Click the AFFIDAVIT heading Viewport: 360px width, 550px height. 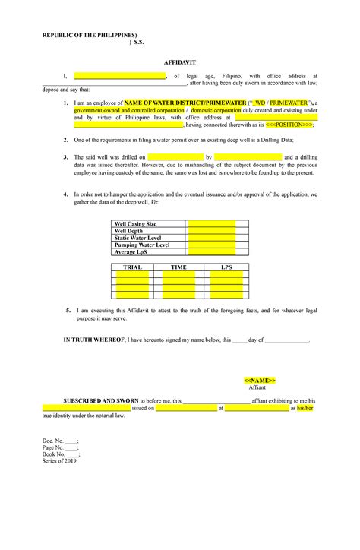180,61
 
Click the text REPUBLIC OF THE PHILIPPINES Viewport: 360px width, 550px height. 90,36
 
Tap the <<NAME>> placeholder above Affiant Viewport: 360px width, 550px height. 259,380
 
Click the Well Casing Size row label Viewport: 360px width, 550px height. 135,224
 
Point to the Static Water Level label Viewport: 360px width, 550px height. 137,238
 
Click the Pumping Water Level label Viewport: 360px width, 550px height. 141,245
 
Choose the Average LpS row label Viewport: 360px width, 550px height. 131,251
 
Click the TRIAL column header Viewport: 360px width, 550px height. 132,267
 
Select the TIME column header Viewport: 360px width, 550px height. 178,267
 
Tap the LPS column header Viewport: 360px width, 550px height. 226,267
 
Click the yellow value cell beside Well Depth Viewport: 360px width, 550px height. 211,231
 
